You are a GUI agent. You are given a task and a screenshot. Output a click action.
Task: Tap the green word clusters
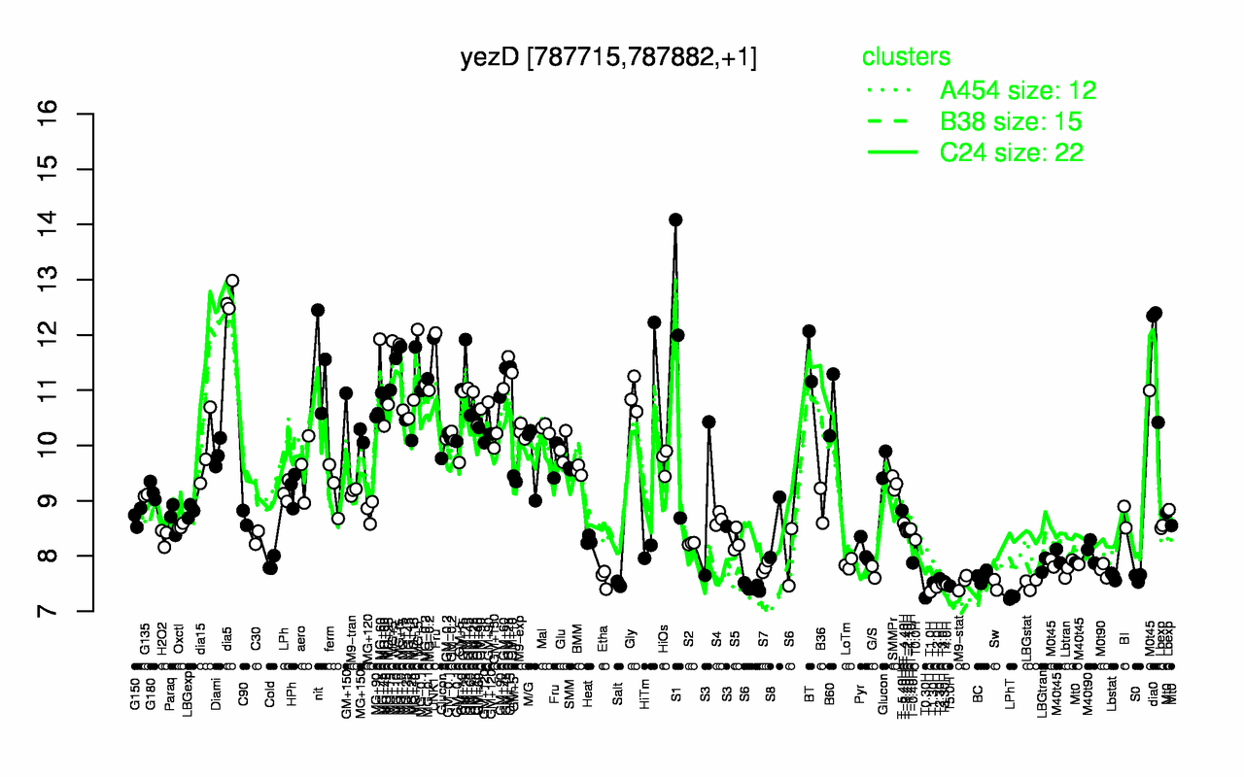click(x=906, y=57)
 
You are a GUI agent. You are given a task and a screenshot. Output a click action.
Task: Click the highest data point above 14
click(x=675, y=220)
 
